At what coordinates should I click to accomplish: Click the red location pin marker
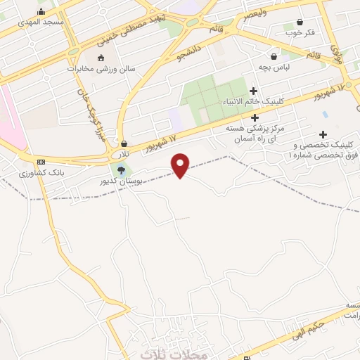pos(181,165)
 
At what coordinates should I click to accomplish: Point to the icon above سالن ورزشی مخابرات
pos(101,58)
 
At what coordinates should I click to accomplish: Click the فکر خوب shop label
pos(300,33)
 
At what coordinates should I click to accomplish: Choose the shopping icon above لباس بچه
pos(274,56)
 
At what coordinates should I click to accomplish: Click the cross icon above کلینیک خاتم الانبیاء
pos(254,91)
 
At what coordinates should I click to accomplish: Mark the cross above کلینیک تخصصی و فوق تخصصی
pos(323,134)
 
